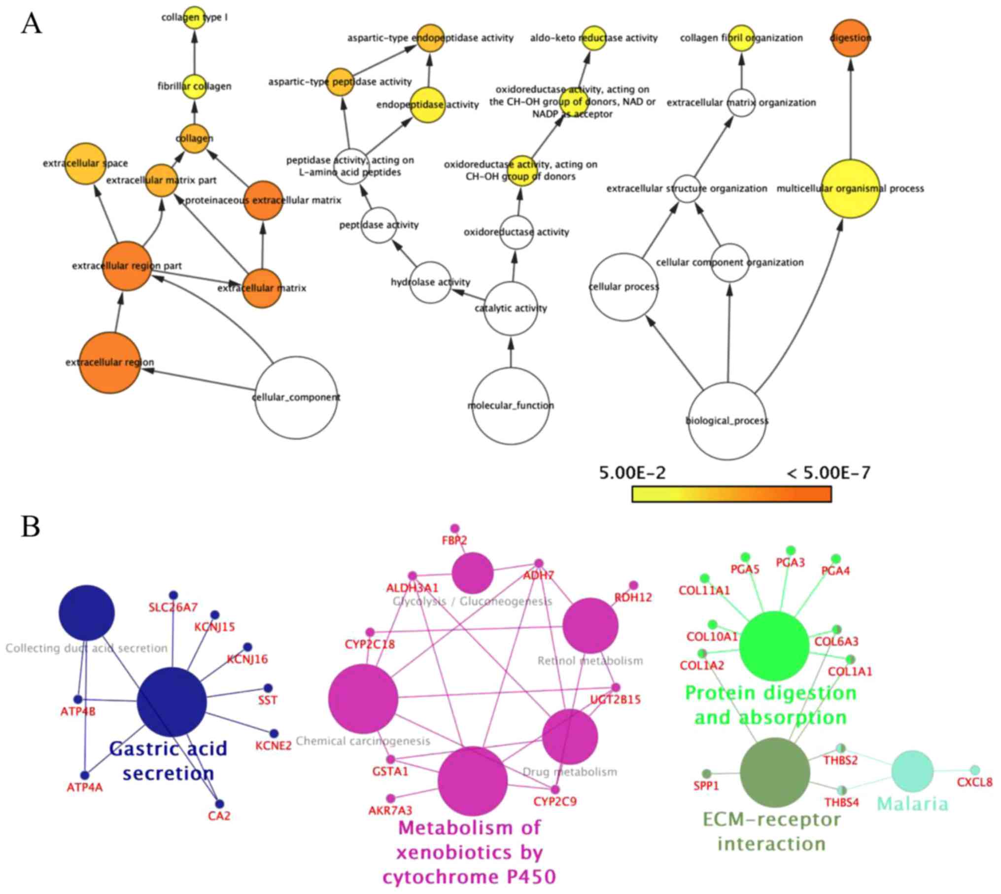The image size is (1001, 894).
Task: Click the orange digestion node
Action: pos(851,38)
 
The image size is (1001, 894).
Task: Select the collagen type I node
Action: pos(195,18)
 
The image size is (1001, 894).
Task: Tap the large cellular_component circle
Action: pos(296,397)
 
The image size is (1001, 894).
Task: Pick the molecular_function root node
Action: pos(511,406)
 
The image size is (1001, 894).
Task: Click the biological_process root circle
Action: pos(727,421)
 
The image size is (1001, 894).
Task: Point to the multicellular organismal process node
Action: pos(851,189)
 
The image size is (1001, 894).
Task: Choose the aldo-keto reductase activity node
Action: pos(594,38)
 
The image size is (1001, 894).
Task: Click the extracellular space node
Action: pos(86,164)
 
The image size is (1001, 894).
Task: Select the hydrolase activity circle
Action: pos(430,282)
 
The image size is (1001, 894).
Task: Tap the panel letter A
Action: pos(31,24)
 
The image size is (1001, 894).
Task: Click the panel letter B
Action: pos(31,527)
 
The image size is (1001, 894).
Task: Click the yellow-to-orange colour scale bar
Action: pos(731,494)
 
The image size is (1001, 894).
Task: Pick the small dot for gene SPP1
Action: pos(707,773)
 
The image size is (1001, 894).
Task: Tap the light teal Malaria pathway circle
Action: pos(912,771)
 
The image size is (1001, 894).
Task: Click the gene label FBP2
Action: pos(454,541)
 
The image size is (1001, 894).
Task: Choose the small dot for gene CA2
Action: pos(219,804)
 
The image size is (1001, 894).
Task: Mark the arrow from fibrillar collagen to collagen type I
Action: pos(195,52)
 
